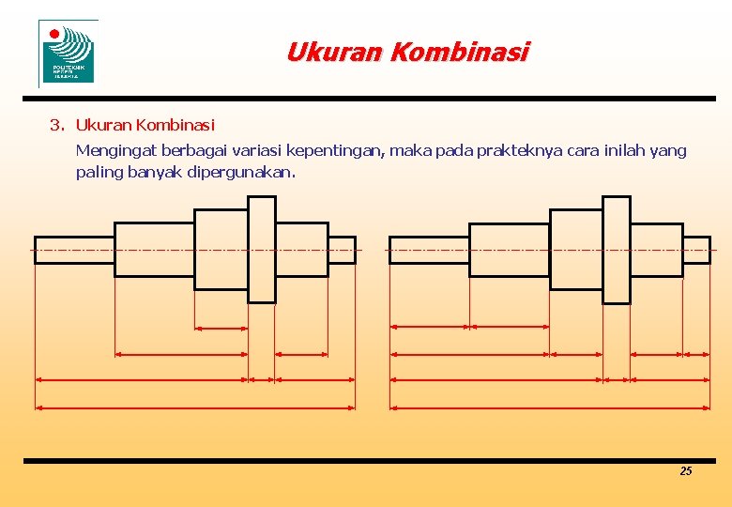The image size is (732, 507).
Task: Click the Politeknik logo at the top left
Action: pyautogui.click(x=68, y=53)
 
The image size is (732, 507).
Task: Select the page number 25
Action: pyautogui.click(x=685, y=471)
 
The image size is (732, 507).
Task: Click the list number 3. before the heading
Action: pyautogui.click(x=57, y=125)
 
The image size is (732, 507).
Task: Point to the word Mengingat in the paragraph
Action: pyautogui.click(x=116, y=151)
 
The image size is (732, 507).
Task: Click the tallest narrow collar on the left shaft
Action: pyautogui.click(x=261, y=249)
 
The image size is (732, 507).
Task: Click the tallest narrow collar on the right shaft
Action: pyautogui.click(x=616, y=249)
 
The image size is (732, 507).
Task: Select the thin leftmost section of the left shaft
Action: pyautogui.click(x=74, y=250)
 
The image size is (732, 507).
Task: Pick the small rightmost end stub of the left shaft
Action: pyautogui.click(x=342, y=250)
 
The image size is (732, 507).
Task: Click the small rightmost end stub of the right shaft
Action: pyautogui.click(x=696, y=250)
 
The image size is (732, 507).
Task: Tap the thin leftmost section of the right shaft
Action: pyautogui.click(x=429, y=250)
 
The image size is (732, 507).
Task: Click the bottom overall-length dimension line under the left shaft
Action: pyautogui.click(x=195, y=407)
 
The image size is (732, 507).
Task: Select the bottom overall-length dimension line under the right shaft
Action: pyautogui.click(x=550, y=407)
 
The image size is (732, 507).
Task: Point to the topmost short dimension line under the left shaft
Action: pyautogui.click(x=221, y=329)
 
